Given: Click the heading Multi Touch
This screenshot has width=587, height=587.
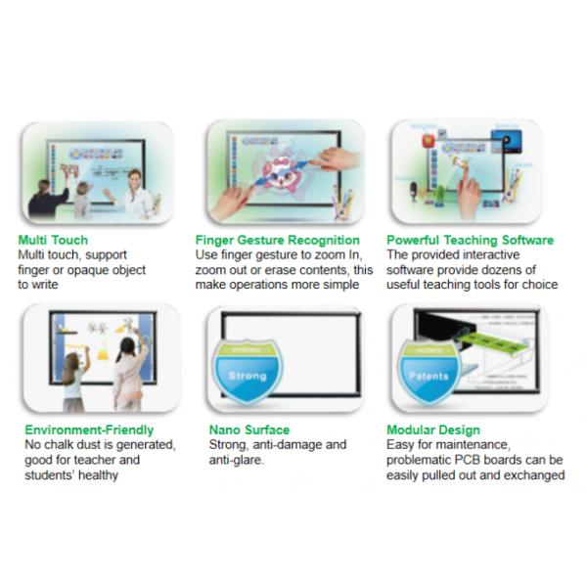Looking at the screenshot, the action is pyautogui.click(x=53, y=240).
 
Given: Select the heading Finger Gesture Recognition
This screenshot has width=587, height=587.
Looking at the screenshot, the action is pyautogui.click(x=278, y=240).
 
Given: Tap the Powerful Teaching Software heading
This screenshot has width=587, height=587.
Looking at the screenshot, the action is pyautogui.click(x=470, y=240).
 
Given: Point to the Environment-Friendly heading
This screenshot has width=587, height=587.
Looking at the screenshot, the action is pyautogui.click(x=89, y=429).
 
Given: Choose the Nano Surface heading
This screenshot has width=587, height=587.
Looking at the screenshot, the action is pyautogui.click(x=249, y=429).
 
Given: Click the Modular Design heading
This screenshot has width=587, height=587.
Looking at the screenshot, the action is pyautogui.click(x=433, y=429).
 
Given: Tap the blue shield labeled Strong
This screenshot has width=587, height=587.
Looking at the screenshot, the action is pyautogui.click(x=248, y=372).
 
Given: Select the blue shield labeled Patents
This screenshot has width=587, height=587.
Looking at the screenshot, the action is pyautogui.click(x=429, y=372).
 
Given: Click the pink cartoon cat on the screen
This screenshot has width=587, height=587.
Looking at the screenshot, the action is pyautogui.click(x=278, y=173).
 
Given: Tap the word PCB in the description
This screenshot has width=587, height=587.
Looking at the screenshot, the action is pyautogui.click(x=467, y=460).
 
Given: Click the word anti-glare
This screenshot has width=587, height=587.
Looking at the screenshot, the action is pyautogui.click(x=236, y=460).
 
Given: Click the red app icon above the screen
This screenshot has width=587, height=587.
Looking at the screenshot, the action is pyautogui.click(x=429, y=141).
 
